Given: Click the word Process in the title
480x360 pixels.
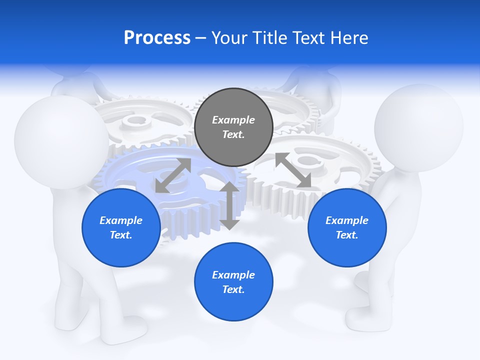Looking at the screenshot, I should pos(157,38).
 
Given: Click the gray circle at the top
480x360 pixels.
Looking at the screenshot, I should pos(233,127).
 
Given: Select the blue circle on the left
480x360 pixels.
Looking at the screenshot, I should pos(121,227).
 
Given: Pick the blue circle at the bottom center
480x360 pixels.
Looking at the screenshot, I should pos(233,282).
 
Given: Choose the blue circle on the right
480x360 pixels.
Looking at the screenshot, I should pos(347,227).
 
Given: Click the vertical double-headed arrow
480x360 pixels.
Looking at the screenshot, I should pos(229,205).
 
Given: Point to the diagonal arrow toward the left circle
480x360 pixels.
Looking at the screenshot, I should pos(173,175).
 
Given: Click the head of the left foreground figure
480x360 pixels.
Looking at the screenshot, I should pos(61,142).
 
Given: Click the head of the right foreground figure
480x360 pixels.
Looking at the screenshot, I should pos(418,127).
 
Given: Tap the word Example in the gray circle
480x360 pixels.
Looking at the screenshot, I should pos(233,120).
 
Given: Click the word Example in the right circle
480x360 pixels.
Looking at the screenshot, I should pos(347,220).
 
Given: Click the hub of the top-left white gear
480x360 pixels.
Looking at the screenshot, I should pos(132,120).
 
